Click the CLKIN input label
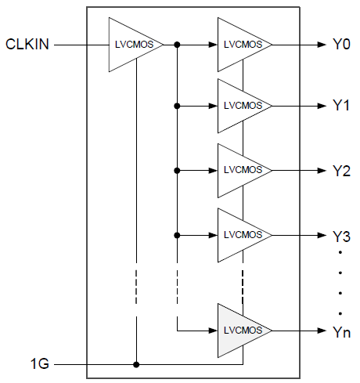27,45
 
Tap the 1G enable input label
39,364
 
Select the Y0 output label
339,45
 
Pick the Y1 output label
339,106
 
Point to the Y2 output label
339,170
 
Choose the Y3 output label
339,235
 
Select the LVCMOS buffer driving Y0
242,45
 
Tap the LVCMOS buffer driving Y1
242,106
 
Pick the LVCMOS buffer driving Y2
242,170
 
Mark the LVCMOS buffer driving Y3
242,235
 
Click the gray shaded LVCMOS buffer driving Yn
242,332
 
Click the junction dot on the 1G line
136,364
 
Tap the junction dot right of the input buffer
178,45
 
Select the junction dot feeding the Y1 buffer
178,106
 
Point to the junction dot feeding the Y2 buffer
178,170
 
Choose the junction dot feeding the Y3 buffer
178,235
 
